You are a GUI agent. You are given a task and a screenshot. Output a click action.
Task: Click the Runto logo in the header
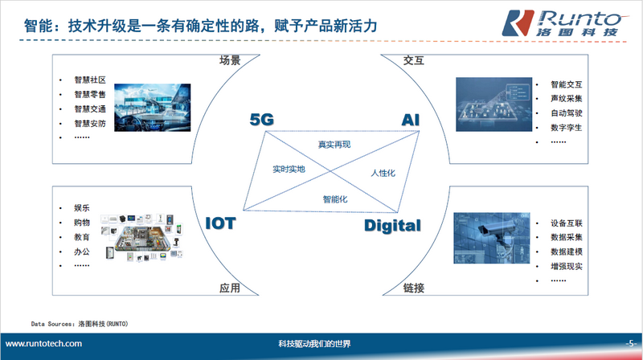coord(565,23)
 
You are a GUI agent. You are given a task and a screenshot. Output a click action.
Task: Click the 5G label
coord(262,120)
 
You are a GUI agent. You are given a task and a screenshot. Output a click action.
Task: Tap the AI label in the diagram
coord(411,120)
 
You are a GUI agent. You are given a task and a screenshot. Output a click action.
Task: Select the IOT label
coord(220,223)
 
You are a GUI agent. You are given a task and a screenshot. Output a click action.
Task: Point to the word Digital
coord(392,226)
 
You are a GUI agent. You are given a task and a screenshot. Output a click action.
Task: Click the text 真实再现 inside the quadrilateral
coord(334,145)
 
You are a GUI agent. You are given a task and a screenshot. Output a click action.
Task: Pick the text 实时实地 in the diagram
coord(289,169)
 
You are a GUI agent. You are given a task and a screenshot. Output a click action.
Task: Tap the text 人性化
coord(383,173)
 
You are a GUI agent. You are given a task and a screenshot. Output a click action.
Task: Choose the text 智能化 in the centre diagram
coord(335,199)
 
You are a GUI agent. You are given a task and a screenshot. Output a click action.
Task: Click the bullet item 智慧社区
coord(90,80)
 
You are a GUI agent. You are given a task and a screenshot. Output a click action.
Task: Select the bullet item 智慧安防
coord(90,123)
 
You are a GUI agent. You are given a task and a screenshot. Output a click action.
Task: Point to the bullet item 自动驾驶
coord(567,112)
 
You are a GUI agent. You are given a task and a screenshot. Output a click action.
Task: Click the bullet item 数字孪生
coord(567,128)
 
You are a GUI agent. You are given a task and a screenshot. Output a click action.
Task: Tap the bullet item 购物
coord(82,223)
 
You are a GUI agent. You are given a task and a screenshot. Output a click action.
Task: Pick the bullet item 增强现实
coord(567,266)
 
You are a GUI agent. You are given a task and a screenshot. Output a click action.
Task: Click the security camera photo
coord(492,238)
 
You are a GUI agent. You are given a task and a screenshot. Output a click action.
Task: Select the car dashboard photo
coord(152,108)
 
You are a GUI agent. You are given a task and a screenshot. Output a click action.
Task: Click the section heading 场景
coord(230,60)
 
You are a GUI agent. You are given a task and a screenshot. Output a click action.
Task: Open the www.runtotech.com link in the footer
coord(43,344)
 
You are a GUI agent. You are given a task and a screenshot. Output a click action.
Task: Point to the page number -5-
coord(631,343)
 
